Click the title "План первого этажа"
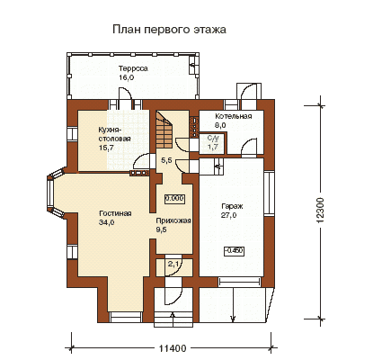(169, 30)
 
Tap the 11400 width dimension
(173, 348)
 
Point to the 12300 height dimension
(320, 210)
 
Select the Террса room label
(133, 68)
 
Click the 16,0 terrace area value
(126, 77)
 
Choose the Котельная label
(234, 116)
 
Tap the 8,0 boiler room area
(220, 125)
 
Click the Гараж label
(232, 206)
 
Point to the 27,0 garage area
(228, 215)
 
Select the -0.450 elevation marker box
(235, 251)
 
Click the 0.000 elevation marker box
(174, 199)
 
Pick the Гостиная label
(115, 213)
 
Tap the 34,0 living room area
(107, 222)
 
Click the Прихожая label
(173, 221)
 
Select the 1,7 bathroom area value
(213, 147)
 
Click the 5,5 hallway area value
(166, 160)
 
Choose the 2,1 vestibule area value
(173, 265)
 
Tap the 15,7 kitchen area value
(106, 148)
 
